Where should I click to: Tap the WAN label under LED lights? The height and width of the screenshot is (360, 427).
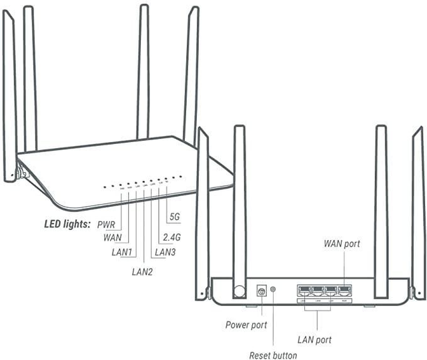[x=114, y=237]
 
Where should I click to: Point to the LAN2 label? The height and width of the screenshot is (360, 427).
[x=142, y=272]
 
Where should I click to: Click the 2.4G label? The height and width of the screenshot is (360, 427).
[x=172, y=237]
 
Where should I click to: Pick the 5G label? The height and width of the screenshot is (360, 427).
[x=175, y=217]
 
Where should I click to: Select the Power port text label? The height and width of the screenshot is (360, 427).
[x=246, y=325]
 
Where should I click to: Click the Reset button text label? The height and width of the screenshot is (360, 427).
[x=273, y=355]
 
